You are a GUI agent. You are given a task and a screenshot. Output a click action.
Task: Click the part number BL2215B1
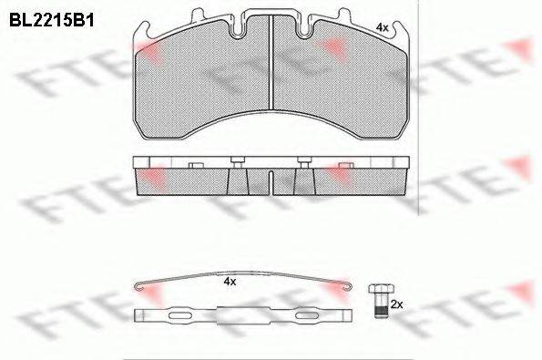coord(52,20)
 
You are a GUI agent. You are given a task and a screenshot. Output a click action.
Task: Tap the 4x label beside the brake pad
coord(382,27)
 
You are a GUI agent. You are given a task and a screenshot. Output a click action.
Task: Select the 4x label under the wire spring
coord(230,282)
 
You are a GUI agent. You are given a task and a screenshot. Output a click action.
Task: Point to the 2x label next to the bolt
coord(396,304)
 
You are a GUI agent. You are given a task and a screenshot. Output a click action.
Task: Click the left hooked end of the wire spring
coord(138,286)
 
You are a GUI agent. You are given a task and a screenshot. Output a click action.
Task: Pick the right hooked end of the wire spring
coord(348,286)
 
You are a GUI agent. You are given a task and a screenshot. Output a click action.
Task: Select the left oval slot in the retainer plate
coord(180,315)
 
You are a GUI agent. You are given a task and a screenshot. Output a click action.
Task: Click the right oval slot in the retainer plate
coord(306,315)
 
